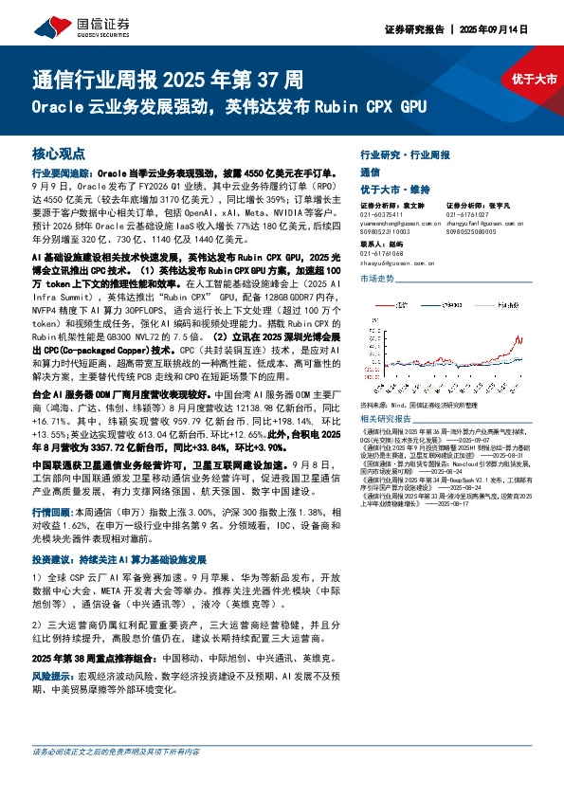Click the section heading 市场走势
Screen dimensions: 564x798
tap(376, 281)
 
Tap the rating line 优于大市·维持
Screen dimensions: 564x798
tap(391, 190)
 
